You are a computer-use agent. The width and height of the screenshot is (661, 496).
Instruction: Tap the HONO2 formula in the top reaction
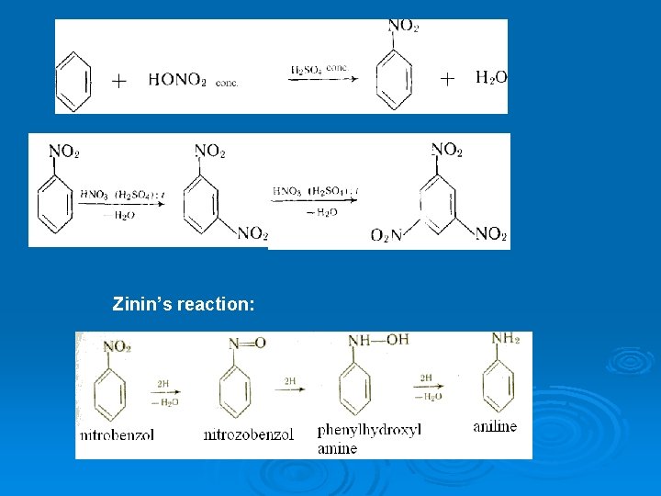pos(177,80)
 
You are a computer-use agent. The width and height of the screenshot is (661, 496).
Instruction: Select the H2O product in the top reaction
pos(491,77)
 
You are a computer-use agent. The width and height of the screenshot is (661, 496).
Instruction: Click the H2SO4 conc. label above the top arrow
pos(319,70)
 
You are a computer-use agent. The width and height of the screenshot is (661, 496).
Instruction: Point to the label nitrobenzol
pos(116,434)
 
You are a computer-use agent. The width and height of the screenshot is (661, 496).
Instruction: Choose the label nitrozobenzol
pos(248,434)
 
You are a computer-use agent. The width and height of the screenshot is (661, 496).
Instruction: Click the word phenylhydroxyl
pos(368,430)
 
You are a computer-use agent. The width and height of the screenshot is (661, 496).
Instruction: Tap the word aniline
pos(495,426)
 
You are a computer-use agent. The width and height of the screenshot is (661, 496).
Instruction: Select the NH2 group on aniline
pos(505,339)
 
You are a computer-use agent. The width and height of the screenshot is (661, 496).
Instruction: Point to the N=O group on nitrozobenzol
pos(246,344)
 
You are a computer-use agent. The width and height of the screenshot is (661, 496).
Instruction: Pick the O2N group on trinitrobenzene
pos(386,235)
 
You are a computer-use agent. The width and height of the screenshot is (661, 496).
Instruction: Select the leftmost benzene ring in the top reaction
pos(74,80)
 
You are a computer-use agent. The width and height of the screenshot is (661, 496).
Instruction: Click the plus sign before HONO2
pos(119,81)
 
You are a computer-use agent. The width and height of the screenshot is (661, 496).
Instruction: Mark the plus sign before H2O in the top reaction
pos(447,79)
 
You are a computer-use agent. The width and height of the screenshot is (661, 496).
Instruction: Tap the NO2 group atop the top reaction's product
pos(403,27)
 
